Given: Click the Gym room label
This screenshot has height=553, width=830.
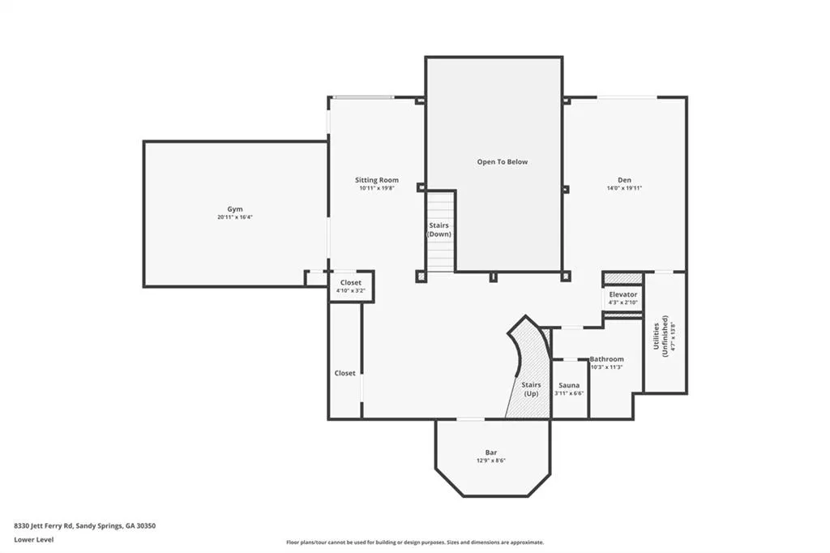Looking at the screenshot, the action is [235, 209].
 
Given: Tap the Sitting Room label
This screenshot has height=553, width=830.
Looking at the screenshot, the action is [377, 180].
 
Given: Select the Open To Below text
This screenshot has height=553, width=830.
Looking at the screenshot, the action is [503, 162].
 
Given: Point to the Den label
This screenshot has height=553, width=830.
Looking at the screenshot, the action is [625, 180].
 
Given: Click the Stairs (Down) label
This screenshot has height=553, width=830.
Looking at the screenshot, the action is [439, 230].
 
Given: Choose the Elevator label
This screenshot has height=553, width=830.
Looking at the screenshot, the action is [623, 294].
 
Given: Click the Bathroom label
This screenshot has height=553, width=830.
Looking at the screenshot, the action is [606, 359].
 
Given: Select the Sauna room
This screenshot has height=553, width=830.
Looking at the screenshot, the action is [570, 388].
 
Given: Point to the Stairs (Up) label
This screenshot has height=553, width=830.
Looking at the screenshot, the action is [531, 389].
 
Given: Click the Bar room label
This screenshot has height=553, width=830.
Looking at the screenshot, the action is [491, 452].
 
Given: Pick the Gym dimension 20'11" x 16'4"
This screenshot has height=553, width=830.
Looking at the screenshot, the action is [235, 217].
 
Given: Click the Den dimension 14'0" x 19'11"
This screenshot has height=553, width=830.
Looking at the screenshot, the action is [625, 188].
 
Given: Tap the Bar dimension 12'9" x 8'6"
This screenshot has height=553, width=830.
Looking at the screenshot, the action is [491, 461].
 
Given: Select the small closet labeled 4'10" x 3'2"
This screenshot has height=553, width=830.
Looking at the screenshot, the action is [352, 286].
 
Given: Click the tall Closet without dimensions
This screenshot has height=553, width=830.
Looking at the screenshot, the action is [345, 361].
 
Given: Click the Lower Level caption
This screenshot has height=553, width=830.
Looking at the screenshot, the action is [34, 540].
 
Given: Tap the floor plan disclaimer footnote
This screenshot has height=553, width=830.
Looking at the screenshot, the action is [415, 542].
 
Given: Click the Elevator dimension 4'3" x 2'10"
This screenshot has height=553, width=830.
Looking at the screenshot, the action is [623, 302].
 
